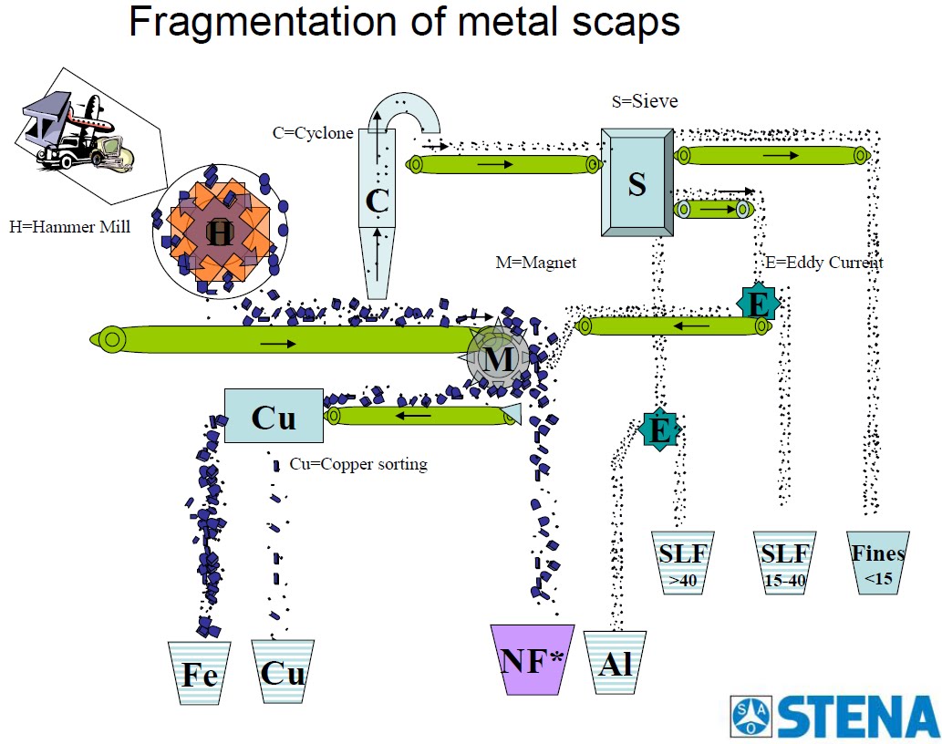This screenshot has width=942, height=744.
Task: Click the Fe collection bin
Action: point(200,673)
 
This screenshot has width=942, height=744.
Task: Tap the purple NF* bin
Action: point(533,659)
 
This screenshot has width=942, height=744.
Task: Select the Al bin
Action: point(616,662)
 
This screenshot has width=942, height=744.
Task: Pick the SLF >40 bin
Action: point(683,563)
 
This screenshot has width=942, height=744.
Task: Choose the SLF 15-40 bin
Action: point(785,563)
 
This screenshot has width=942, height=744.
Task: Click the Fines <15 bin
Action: point(878,563)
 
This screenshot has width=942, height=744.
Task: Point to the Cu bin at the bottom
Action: point(283,673)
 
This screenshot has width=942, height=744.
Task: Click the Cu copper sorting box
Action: point(274,416)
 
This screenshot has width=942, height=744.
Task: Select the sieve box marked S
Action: point(637,182)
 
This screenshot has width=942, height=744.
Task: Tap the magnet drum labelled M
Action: point(498,359)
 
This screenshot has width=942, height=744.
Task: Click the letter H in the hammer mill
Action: point(220,232)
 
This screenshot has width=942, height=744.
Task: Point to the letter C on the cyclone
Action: point(378,201)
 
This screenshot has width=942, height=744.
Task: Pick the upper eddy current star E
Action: point(758,304)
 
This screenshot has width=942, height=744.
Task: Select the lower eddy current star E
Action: point(659,429)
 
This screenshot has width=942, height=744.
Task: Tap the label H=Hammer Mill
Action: point(69,227)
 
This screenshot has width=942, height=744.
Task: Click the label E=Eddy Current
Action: point(824,263)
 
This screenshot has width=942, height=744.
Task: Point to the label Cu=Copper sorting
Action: point(358,464)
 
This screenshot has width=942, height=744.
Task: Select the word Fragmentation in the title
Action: point(264,22)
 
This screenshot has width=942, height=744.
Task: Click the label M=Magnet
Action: point(536,263)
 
